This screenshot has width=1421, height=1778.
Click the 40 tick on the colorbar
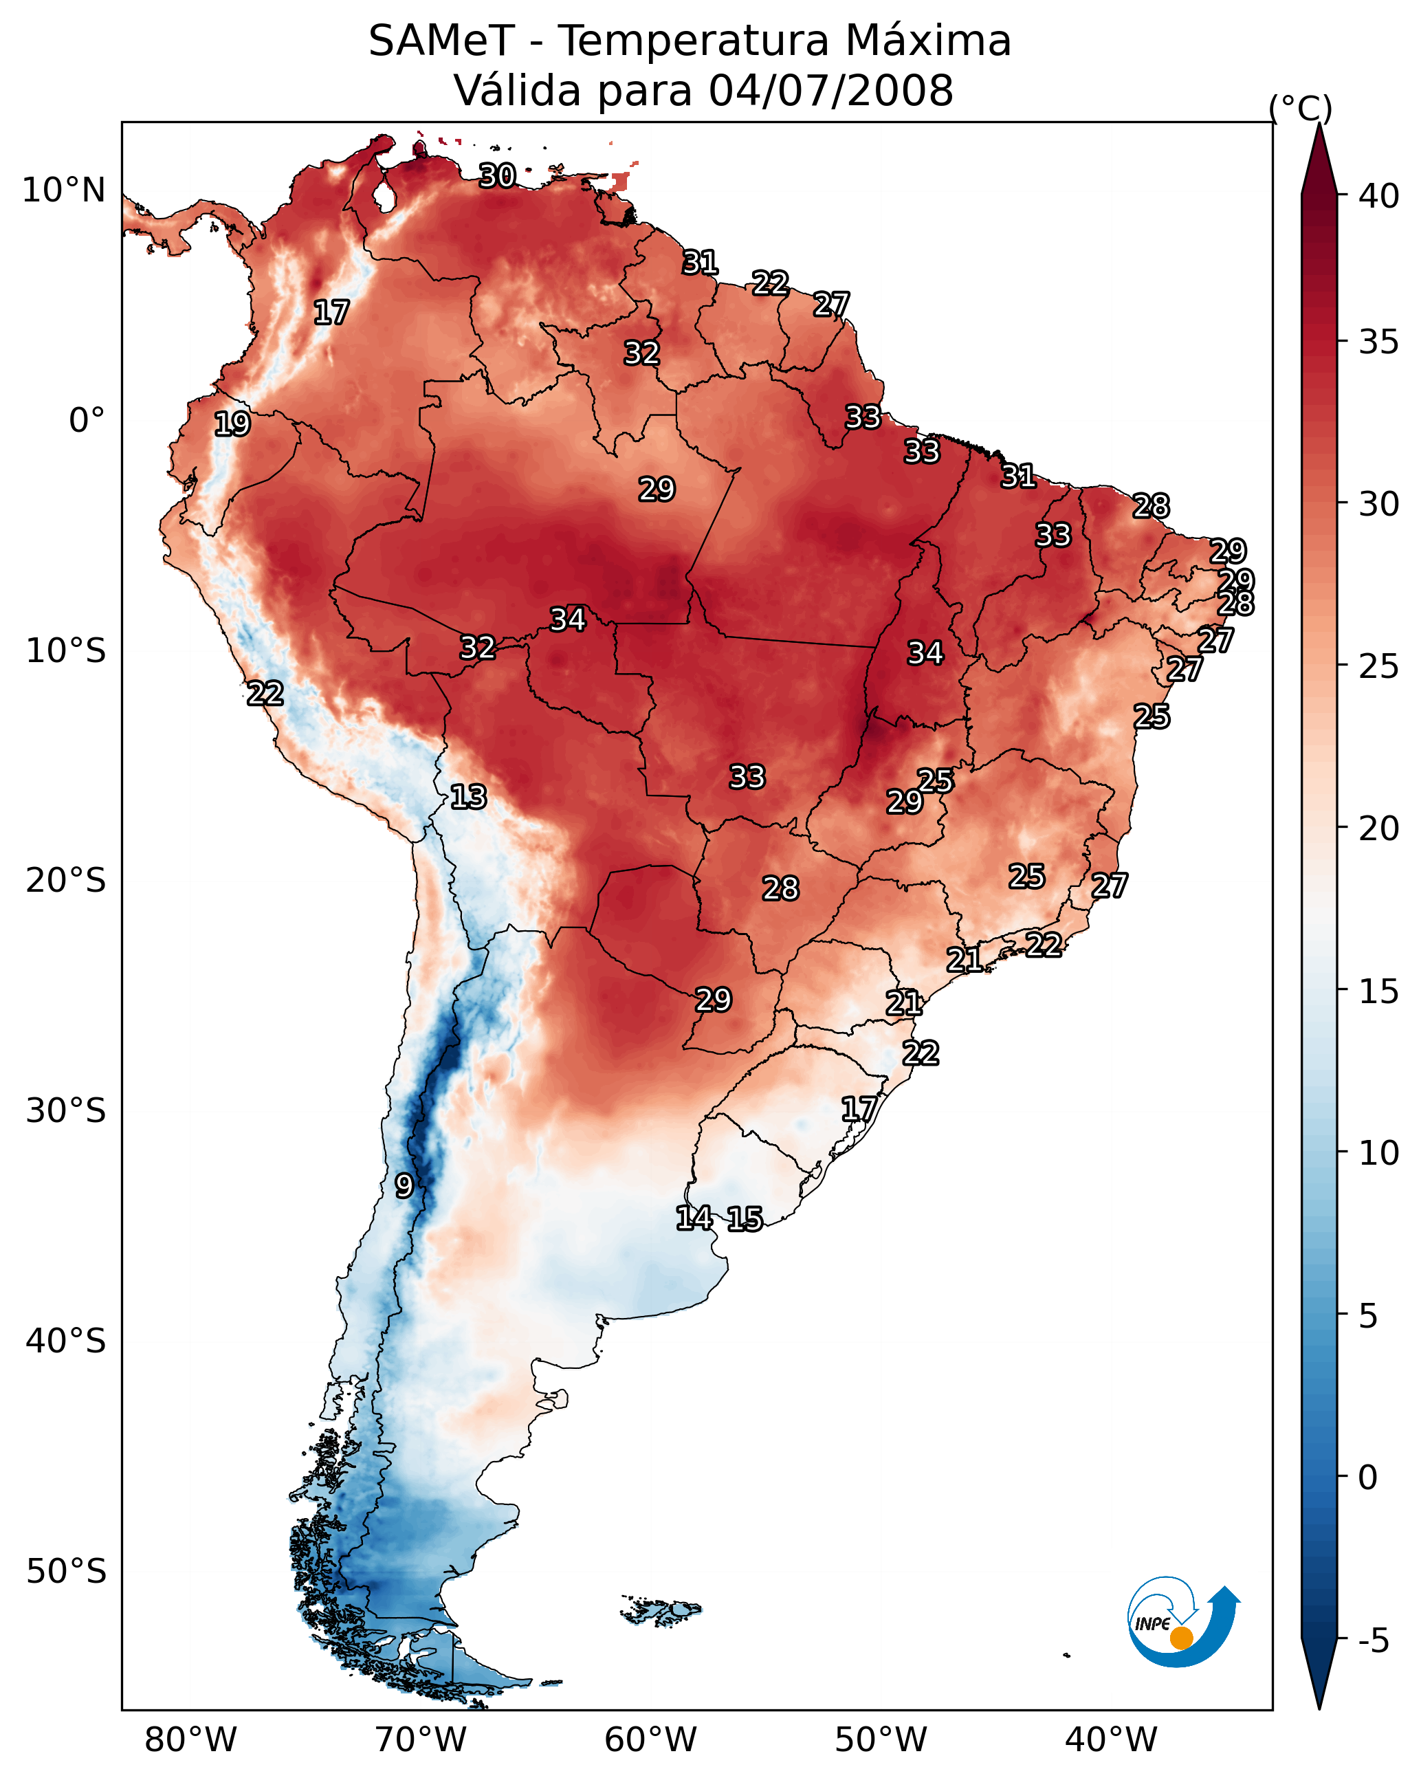pos(1378,195)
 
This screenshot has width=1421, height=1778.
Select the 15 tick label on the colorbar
pos(1378,991)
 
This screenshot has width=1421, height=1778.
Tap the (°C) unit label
pos(1301,108)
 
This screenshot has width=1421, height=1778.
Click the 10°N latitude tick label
pos(63,190)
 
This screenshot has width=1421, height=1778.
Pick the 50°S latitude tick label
pos(66,1572)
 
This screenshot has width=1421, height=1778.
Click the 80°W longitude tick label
pos(190,1740)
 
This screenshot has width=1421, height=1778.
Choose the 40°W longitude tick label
pos(1111,1740)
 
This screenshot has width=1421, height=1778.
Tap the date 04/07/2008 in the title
pos(830,90)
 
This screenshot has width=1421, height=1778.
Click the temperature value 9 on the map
pos(404,1186)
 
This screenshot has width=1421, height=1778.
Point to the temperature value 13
pos(468,797)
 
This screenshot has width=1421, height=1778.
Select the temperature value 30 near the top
pos(497,175)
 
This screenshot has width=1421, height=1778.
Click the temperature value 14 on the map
pos(694,1218)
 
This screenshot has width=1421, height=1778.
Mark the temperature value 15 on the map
pos(745,1219)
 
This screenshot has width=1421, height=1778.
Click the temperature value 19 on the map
pos(232,424)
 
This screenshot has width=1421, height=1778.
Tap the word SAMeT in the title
pos(441,41)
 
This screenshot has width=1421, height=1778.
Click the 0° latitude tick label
pos(87,421)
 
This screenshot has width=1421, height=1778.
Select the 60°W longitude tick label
pos(651,1740)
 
